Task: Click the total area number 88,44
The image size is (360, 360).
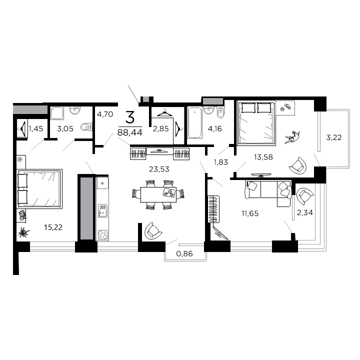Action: (x=129, y=132)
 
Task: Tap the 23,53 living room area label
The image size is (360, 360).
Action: (x=159, y=169)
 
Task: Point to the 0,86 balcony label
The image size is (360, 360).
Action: (x=184, y=254)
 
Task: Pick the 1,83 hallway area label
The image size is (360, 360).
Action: (x=220, y=161)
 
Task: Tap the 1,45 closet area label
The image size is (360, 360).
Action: (x=36, y=129)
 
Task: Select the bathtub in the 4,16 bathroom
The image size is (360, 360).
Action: (x=193, y=125)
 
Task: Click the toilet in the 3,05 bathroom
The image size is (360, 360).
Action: (x=86, y=127)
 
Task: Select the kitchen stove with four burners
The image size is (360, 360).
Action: (x=102, y=234)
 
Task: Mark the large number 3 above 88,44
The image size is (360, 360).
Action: (x=129, y=118)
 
